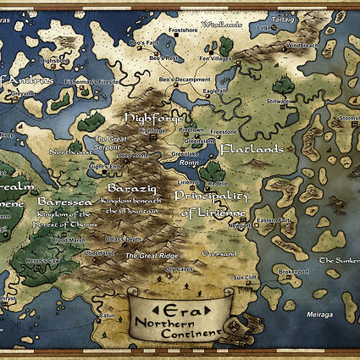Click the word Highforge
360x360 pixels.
pos(152,117)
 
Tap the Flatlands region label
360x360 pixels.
pos(249,149)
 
